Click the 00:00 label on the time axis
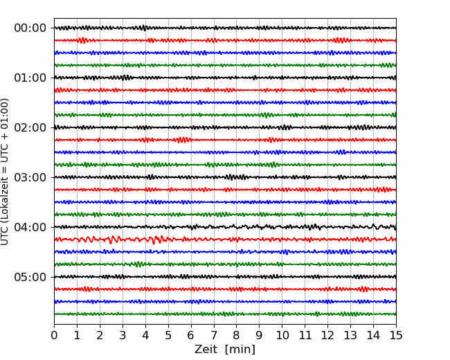(30, 28)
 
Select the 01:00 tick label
(30, 78)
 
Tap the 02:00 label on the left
(30, 127)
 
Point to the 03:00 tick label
(30, 177)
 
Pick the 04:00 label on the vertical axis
(30, 227)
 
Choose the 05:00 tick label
(30, 277)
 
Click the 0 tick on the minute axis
(54, 335)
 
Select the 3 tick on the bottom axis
(123, 335)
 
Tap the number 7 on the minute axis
(214, 335)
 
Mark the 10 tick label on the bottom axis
(282, 335)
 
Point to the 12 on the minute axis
(327, 335)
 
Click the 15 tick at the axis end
(396, 335)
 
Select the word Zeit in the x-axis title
(206, 349)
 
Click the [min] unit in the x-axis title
(240, 350)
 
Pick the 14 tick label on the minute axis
(373, 335)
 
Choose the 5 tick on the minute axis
(168, 335)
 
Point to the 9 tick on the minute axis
(260, 335)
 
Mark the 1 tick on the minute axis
(77, 335)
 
